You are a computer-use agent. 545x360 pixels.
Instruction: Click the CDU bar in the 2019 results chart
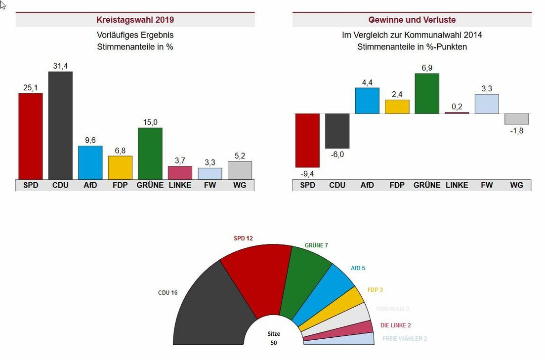tap(60, 125)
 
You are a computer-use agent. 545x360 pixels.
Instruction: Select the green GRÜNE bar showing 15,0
tap(150, 154)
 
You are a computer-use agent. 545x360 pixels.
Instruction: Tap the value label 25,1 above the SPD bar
tap(31, 88)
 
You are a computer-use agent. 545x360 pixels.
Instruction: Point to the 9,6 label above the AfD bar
tap(90, 140)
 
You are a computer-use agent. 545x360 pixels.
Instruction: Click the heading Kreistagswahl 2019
tap(135, 20)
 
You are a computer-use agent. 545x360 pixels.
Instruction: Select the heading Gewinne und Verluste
tap(412, 20)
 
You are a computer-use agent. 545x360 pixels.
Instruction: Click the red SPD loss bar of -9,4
tap(307, 140)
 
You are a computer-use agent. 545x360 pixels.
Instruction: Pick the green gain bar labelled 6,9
tap(427, 93)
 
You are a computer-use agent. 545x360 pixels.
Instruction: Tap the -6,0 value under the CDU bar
tap(337, 155)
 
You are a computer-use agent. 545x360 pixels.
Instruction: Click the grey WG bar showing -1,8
tap(516, 119)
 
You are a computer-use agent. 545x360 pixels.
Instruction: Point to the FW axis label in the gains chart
tap(487, 185)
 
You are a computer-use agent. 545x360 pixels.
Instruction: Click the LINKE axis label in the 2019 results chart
tap(180, 185)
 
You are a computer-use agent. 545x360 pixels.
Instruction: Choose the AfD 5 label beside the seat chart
tap(358, 268)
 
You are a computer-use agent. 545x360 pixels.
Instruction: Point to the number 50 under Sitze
tap(274, 343)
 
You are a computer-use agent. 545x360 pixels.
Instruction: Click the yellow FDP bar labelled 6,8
tap(120, 167)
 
